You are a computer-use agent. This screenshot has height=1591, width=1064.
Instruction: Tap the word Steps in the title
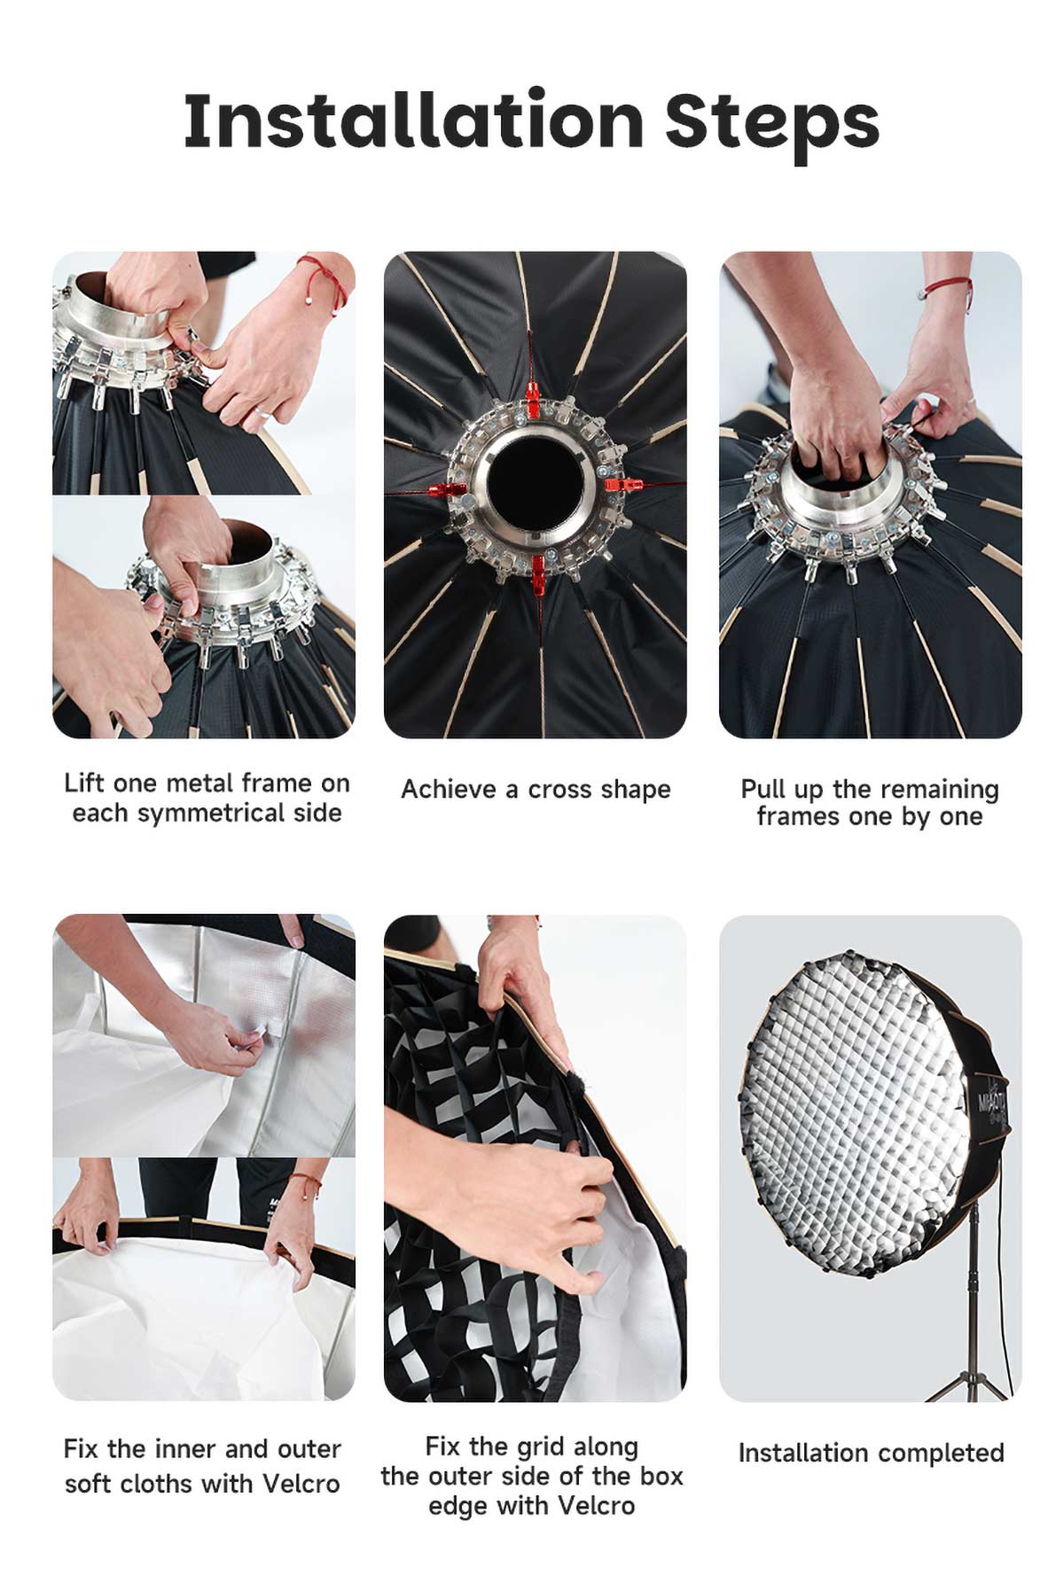point(771,124)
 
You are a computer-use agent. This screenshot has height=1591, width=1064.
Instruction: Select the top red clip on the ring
point(532,399)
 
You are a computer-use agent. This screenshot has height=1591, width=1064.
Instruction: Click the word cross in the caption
point(560,789)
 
